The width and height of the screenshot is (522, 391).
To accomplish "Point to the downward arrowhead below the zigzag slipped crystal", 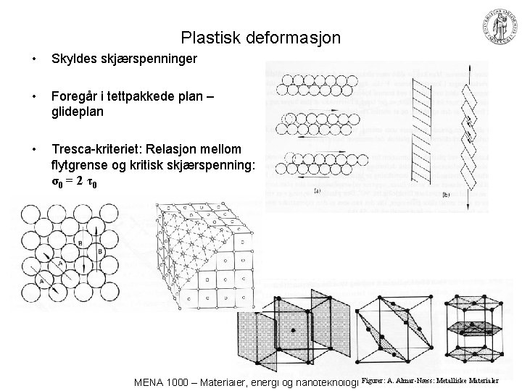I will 467,207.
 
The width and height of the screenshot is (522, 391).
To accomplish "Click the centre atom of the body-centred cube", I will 293,330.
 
